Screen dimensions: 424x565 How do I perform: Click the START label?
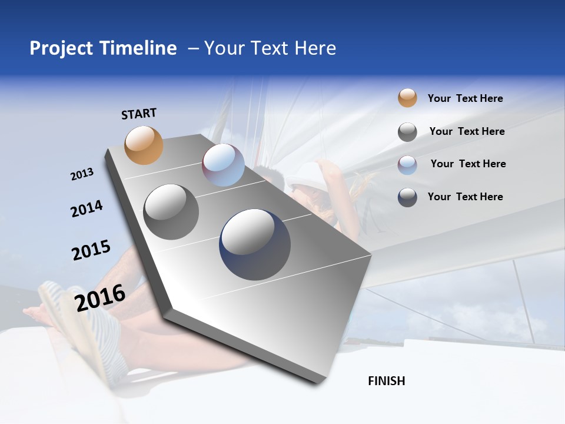click(139, 114)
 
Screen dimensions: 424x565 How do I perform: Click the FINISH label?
click(386, 381)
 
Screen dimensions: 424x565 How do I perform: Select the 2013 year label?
click(82, 174)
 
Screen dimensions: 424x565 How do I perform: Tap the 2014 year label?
click(87, 208)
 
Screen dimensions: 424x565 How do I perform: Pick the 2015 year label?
click(91, 250)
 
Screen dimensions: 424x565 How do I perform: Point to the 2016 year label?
click(100, 297)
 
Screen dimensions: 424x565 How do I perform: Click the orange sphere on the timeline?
click(144, 145)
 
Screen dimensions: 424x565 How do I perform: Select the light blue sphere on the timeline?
click(223, 165)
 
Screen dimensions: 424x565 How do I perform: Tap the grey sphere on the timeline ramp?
click(171, 212)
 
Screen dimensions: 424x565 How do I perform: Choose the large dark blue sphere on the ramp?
click(255, 244)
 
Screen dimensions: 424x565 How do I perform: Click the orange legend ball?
click(407, 98)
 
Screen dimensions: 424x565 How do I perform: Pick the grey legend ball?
click(407, 131)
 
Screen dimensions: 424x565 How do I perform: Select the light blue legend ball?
click(407, 164)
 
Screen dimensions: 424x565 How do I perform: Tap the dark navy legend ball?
click(407, 197)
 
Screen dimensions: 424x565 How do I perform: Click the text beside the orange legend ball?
click(465, 98)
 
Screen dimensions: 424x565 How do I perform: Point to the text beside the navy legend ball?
click(465, 197)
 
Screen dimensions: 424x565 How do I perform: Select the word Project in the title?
click(61, 48)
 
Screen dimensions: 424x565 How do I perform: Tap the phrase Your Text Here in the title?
click(270, 48)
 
